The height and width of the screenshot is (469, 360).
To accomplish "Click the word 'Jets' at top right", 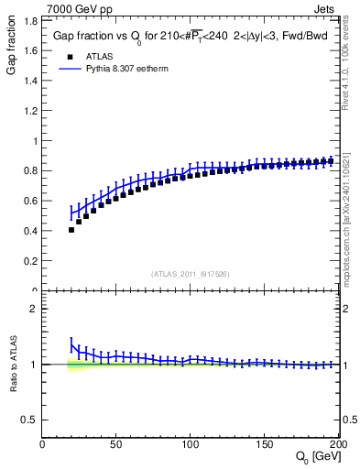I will pyautogui.click(x=326, y=8).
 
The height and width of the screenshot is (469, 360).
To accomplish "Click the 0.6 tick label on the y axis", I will pyautogui.click(x=30, y=202).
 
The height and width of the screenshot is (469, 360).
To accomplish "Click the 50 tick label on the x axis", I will pyautogui.click(x=116, y=445).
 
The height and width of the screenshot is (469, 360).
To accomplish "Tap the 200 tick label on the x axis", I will pyautogui.click(x=337, y=445).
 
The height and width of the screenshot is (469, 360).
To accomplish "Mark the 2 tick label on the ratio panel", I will pyautogui.click(x=33, y=310).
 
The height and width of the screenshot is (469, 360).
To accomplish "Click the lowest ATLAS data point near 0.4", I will pyautogui.click(x=71, y=230).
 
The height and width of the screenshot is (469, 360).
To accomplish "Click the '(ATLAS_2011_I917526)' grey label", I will pyautogui.click(x=190, y=273).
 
